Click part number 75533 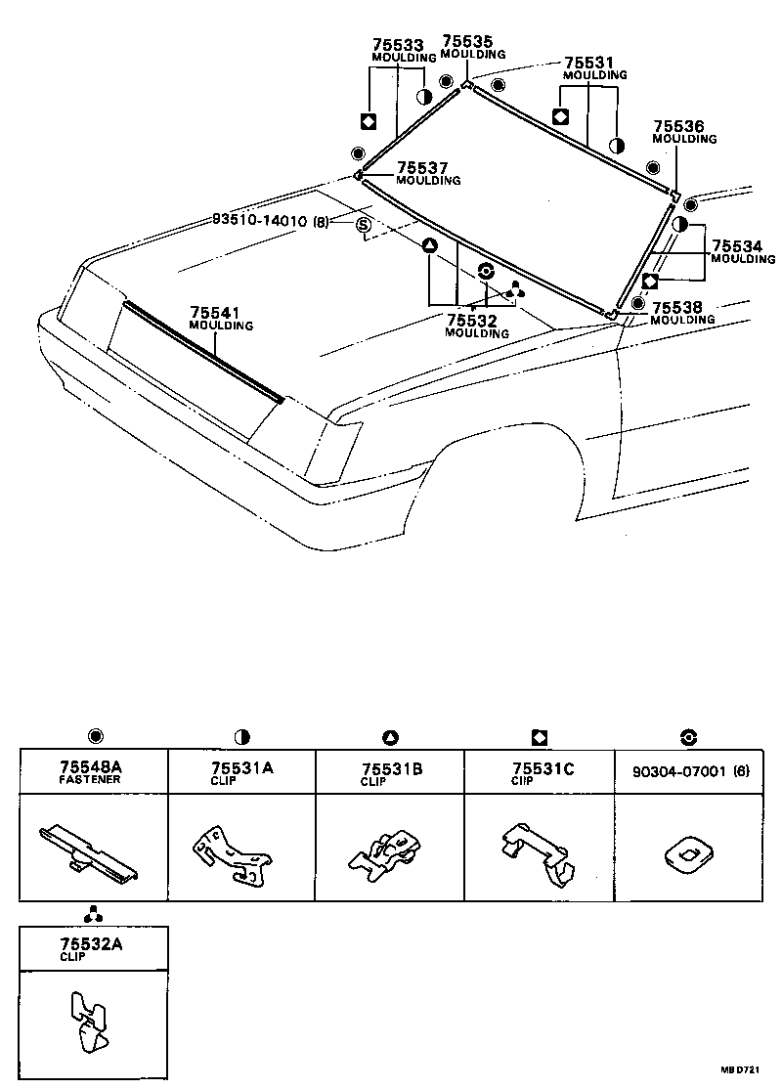click(x=398, y=45)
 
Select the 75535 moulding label click(x=467, y=41)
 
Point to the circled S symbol click(x=364, y=227)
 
